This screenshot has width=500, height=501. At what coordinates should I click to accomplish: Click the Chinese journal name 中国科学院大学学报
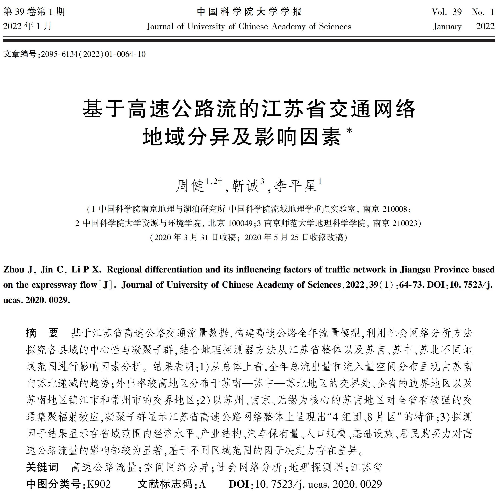pyautogui.click(x=249, y=12)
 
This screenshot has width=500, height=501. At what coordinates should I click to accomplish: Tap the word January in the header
pyautogui.click(x=447, y=26)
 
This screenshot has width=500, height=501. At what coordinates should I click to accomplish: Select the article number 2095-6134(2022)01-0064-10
pyautogui.click(x=93, y=54)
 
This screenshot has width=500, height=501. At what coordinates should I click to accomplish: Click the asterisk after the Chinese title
pyautogui.click(x=350, y=130)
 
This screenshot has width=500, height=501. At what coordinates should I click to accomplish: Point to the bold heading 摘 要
pyautogui.click(x=42, y=333)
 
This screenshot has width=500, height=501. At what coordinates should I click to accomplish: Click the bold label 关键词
pyautogui.click(x=42, y=467)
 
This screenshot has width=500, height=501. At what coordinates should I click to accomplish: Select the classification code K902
pyautogui.click(x=99, y=484)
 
